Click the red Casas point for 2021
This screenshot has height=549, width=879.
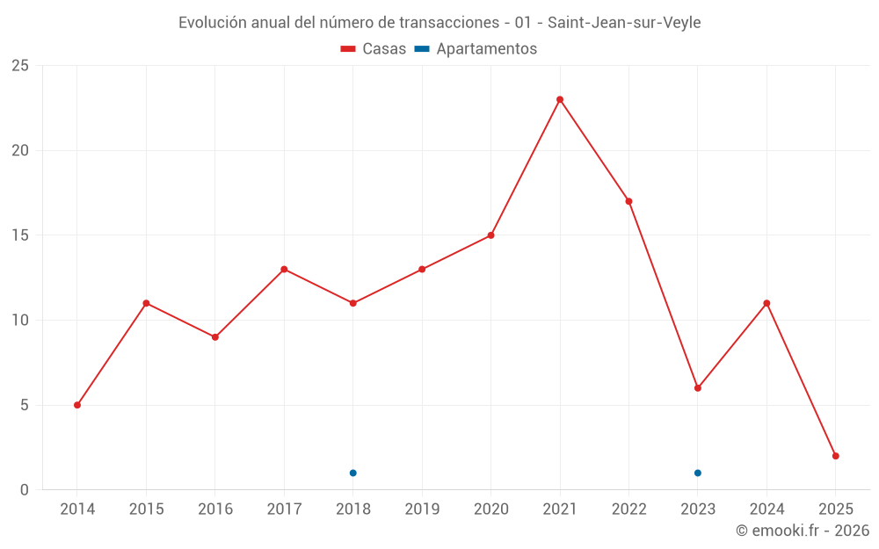(x=560, y=99)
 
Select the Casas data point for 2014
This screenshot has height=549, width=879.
(x=77, y=405)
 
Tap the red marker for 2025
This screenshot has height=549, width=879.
(x=836, y=456)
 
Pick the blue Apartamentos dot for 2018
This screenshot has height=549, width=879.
(x=353, y=473)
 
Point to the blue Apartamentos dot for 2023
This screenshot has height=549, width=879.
(x=698, y=473)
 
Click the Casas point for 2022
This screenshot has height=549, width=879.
(x=628, y=201)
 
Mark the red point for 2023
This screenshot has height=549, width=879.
(x=698, y=388)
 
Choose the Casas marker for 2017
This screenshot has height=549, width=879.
(x=284, y=269)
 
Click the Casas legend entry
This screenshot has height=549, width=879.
(x=374, y=49)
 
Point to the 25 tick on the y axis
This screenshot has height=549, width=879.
(x=20, y=66)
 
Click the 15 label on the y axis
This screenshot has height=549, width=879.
(x=20, y=235)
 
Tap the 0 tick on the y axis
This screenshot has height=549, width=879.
(x=25, y=490)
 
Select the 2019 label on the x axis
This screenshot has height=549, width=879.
(x=422, y=509)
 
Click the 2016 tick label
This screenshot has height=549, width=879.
(x=215, y=509)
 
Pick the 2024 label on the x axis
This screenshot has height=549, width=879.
(x=766, y=509)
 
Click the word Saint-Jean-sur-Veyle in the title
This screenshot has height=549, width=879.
(x=624, y=23)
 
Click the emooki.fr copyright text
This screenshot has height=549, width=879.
(x=803, y=531)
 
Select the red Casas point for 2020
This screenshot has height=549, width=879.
(x=490, y=235)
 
